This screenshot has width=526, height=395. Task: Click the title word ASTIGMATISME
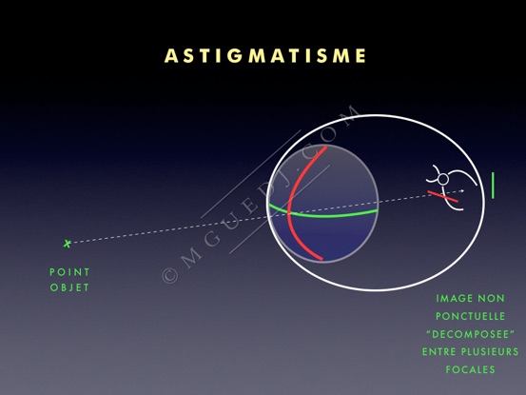click(x=265, y=56)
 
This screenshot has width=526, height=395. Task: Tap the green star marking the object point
click(x=68, y=244)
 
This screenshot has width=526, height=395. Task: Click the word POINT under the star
click(x=69, y=272)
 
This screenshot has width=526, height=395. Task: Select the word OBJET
click(x=69, y=287)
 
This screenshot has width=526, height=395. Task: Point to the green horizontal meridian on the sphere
click(x=322, y=215)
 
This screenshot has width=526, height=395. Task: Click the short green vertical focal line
click(x=493, y=186)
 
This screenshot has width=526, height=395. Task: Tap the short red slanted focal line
click(x=443, y=197)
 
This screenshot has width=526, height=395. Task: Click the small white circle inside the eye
click(x=443, y=180)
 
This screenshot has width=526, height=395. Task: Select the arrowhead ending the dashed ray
click(x=462, y=191)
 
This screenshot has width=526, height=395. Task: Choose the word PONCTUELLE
click(x=470, y=316)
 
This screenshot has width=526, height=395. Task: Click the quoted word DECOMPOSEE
click(x=470, y=334)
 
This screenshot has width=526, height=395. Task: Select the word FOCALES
click(x=470, y=369)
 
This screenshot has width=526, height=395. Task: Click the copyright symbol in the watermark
click(x=169, y=276)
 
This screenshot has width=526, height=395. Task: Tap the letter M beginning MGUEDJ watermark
click(x=191, y=257)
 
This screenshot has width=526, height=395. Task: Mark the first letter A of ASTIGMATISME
click(x=171, y=56)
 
